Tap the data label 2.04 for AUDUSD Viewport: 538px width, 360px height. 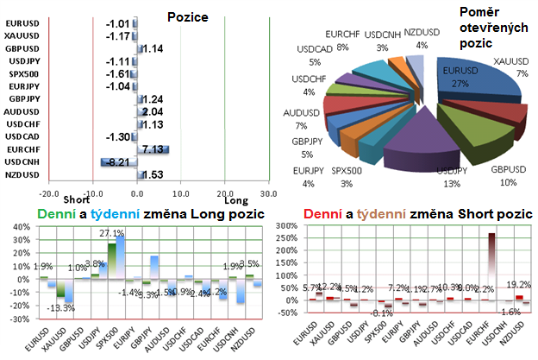[152, 112]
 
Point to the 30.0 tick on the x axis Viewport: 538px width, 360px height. [268, 193]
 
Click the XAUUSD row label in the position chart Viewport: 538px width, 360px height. [21, 35]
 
